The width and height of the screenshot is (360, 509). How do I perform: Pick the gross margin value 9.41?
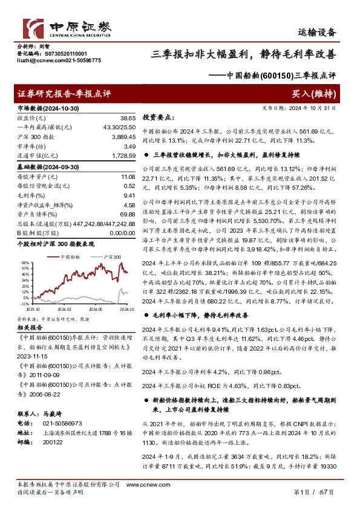pyautogui.click(x=128, y=195)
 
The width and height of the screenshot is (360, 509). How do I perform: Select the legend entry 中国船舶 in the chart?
pyautogui.click(x=71, y=257)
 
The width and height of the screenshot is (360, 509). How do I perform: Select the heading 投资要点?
pyautogui.click(x=158, y=118)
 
